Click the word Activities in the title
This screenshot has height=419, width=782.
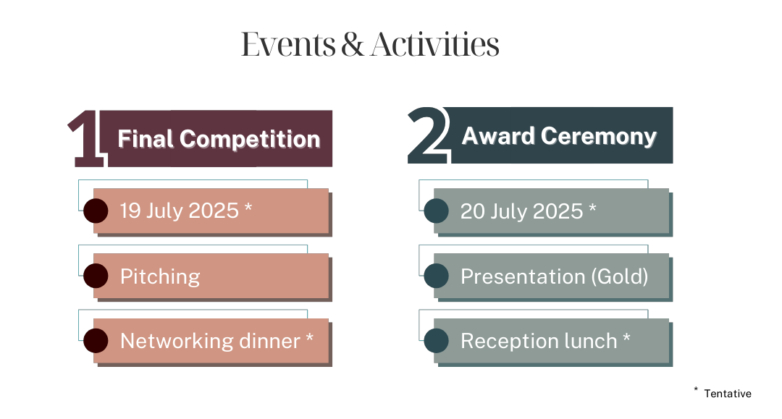tap(434, 45)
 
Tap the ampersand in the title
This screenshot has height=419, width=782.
tap(353, 45)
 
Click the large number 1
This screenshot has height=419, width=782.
tap(84, 139)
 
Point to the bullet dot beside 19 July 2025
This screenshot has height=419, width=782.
tap(96, 211)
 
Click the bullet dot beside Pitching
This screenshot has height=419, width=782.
tap(96, 276)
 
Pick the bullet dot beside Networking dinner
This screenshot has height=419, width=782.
tap(96, 341)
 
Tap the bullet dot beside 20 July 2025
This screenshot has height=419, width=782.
tap(436, 211)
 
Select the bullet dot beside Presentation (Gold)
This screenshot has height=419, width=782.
tap(436, 276)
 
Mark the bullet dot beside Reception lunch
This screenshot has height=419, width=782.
tap(436, 341)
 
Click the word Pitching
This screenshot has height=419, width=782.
tap(160, 276)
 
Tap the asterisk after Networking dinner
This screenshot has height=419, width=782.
tap(310, 338)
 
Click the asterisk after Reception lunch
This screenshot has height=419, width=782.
tap(626, 338)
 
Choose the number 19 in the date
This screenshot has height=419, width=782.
tap(130, 211)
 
